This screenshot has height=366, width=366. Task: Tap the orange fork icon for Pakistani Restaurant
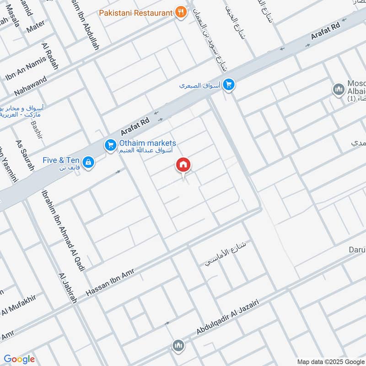[181, 12]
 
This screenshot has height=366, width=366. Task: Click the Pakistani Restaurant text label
[136, 12]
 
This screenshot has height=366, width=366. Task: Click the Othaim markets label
[147, 144]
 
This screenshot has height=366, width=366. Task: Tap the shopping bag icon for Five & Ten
[88, 161]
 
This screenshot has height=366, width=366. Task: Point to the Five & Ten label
[61, 161]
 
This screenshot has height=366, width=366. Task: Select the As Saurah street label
[25, 156]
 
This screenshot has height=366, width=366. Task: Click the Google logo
[19, 359]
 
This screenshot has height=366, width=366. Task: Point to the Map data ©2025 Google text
[330, 361]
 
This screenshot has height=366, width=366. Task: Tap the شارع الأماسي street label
[226, 254]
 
